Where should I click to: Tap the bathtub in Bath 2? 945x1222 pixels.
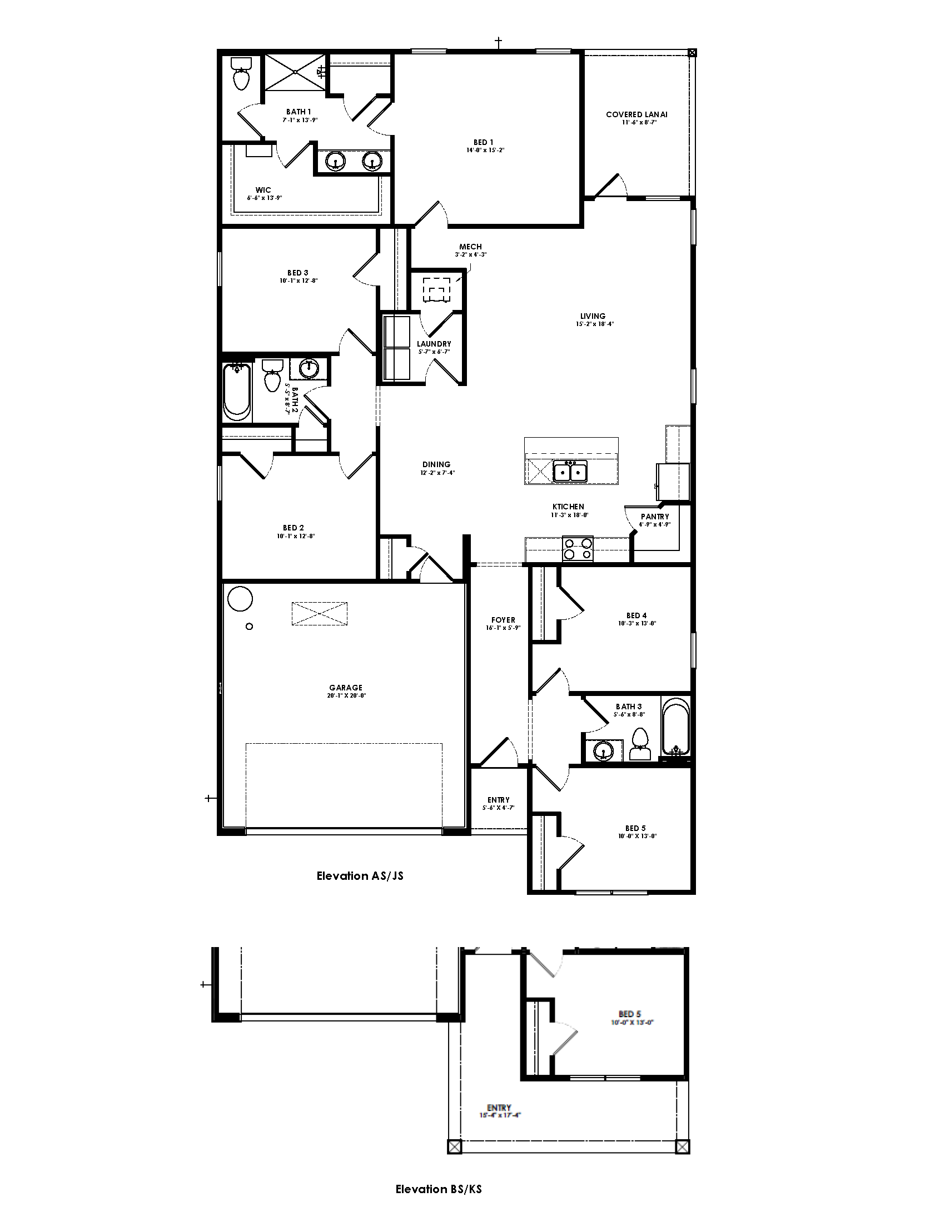(x=236, y=392)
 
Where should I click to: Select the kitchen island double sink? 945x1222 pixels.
(x=570, y=472)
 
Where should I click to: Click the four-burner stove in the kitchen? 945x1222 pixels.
(x=577, y=548)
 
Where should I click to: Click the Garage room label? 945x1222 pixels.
(x=345, y=688)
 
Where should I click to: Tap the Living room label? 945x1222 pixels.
(x=593, y=316)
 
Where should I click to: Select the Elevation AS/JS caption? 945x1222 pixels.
(x=360, y=876)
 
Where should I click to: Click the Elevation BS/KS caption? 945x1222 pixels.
(x=439, y=1190)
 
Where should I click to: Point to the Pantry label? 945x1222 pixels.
(x=654, y=517)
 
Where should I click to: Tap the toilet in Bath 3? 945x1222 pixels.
(x=640, y=744)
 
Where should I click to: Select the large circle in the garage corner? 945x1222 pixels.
(x=240, y=599)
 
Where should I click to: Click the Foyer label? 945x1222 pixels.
(x=503, y=620)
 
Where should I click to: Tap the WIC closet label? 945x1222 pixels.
(x=263, y=190)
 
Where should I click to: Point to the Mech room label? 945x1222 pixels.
(x=470, y=247)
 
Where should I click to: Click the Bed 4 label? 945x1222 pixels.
(x=636, y=615)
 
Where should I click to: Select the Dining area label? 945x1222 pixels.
(x=436, y=464)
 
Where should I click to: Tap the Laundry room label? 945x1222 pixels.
(x=434, y=343)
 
